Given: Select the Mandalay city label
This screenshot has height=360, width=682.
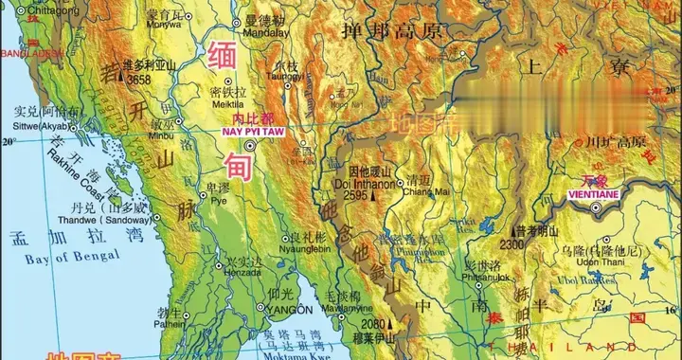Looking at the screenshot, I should [x=264, y=29].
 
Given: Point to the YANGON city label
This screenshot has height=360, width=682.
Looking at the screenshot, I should [x=290, y=310].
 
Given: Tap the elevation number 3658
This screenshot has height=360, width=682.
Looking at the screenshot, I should [x=138, y=81].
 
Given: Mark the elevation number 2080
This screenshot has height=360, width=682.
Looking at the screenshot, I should [x=373, y=324].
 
